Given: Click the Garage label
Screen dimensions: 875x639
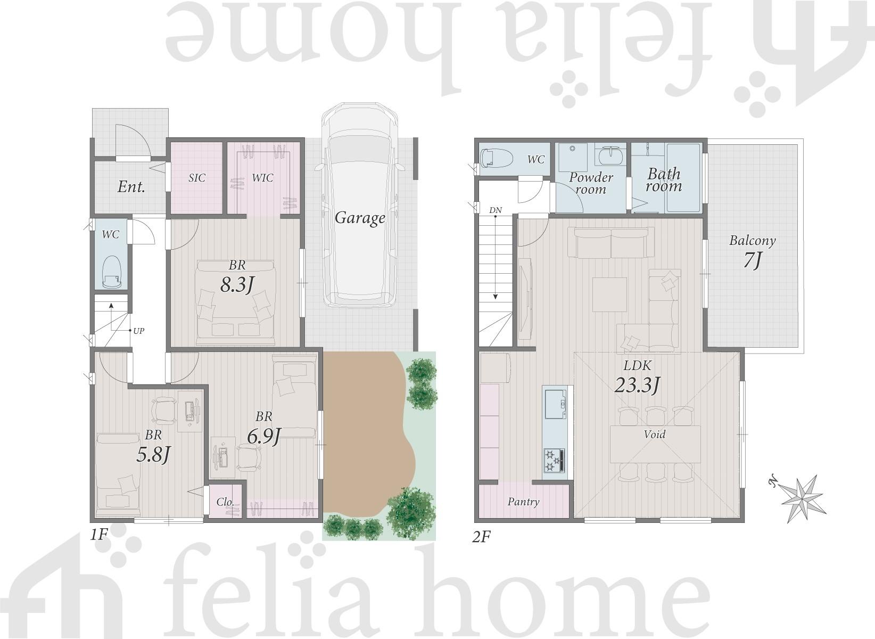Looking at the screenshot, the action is point(360,218).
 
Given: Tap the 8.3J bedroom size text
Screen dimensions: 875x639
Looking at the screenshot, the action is point(237,285).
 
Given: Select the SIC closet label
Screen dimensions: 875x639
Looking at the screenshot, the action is point(197,178).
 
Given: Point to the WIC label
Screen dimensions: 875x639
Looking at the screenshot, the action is point(262,178).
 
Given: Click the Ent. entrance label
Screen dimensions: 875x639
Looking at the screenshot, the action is point(131,187).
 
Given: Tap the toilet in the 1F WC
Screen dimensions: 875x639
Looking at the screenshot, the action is point(112,272).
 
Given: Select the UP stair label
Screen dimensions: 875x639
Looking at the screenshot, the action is point(139,331).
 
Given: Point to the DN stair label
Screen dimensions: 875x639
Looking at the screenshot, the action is point(496,210).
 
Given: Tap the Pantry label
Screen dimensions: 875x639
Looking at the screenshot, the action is point(523,502).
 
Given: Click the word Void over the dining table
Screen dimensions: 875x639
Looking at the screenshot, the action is point(655,434).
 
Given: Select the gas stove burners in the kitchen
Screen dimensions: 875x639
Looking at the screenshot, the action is point(554,460).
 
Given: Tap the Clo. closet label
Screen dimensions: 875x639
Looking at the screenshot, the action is point(225,502).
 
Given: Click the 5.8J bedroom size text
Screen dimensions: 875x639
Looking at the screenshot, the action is point(153,454).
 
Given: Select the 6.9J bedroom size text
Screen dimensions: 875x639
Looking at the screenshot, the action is point(264,436).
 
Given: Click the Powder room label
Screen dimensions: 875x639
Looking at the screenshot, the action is point(591,183).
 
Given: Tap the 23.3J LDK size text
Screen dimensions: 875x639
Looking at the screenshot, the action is point(638,384).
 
